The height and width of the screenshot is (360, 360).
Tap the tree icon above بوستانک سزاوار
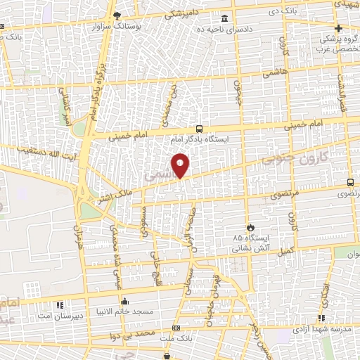pyautogui.click(x=117, y=15)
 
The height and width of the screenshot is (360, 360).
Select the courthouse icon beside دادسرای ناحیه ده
pyautogui.click(x=224, y=18)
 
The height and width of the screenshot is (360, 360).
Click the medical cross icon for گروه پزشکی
pyautogui.click(x=338, y=29)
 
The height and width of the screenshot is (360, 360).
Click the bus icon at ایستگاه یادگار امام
pyautogui.click(x=199, y=129)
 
